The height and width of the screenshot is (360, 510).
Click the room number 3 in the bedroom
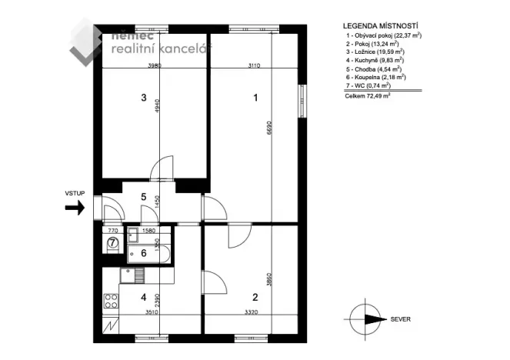(143, 98)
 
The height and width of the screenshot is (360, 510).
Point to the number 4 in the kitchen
(143, 296)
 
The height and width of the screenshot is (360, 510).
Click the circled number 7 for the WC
(112, 242)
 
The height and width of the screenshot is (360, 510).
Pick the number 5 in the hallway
(143, 197)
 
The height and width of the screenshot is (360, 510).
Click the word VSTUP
(75, 195)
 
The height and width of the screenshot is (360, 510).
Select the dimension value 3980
(155, 65)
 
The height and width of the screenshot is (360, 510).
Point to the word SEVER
(401, 318)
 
